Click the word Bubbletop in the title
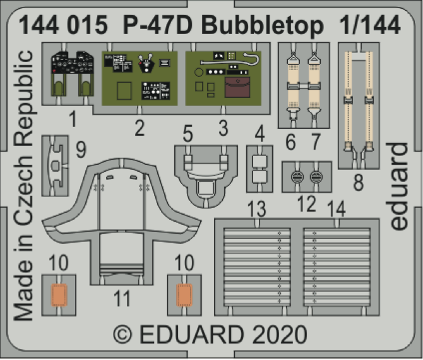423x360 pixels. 268,26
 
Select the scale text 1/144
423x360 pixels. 372,26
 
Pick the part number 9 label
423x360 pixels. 81,150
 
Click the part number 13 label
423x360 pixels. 256,208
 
